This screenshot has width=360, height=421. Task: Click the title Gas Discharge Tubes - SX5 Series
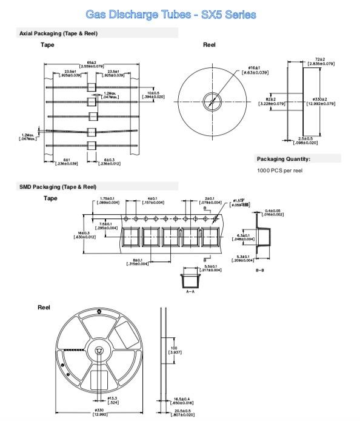coord(171,15)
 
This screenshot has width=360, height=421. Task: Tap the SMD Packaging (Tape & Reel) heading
coord(58,186)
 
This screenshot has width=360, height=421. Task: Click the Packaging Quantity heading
coord(284,159)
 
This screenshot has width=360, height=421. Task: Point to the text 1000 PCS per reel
coord(279,170)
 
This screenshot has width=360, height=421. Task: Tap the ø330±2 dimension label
coord(319,101)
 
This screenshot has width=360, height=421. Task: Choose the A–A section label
coord(190,291)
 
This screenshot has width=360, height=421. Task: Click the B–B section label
coord(259,269)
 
